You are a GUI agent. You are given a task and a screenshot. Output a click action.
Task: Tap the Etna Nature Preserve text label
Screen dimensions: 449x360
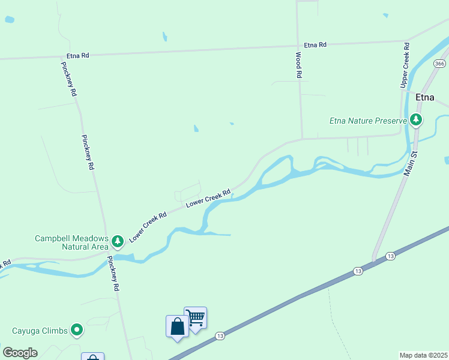point(369,121)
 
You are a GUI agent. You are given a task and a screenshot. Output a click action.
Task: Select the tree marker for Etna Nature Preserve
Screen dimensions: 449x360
point(416,120)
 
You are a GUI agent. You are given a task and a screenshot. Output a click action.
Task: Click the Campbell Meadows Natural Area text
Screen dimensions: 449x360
point(71,242)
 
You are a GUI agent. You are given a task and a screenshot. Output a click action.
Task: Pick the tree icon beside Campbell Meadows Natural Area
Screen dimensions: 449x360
point(118,241)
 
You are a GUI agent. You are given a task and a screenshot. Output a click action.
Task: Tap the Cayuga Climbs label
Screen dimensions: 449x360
point(39,331)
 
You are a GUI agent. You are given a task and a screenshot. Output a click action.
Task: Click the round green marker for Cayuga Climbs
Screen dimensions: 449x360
point(77,330)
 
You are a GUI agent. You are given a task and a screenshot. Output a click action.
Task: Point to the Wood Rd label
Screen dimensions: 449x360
point(298,65)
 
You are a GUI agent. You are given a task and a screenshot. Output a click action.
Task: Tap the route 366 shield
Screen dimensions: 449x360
point(440,64)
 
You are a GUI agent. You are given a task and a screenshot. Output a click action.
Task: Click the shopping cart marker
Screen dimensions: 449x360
point(195,317)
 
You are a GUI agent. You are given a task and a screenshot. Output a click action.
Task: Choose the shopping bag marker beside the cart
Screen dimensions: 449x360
point(177,326)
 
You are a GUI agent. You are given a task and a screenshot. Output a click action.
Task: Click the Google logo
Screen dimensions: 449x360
point(20,353)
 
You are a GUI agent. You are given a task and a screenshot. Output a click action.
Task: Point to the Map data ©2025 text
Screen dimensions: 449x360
point(424,355)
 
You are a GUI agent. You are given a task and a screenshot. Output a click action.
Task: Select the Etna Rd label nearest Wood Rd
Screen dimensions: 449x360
point(315,45)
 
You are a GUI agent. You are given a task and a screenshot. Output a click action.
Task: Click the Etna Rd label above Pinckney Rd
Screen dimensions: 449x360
point(78,55)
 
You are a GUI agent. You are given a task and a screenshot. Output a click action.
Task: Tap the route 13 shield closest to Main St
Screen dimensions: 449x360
point(391,256)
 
